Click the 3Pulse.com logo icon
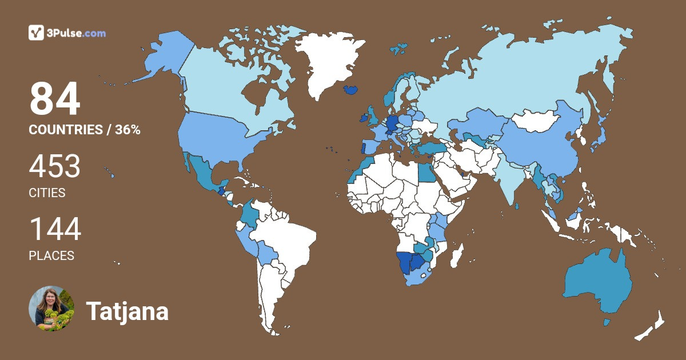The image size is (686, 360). (x=37, y=33)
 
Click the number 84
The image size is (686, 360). (x=55, y=100)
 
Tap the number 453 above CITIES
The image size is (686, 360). (x=55, y=167)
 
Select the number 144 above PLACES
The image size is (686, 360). (x=55, y=229)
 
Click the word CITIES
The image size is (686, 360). (x=47, y=193)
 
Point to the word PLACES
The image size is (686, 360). (x=51, y=256)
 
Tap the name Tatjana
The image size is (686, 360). (x=127, y=312)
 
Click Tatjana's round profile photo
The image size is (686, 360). (x=51, y=309)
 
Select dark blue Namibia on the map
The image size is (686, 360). (x=404, y=263)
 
